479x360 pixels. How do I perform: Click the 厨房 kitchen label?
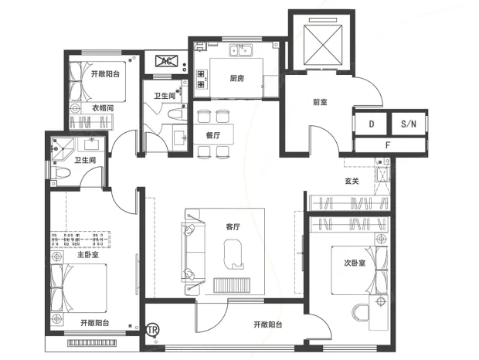click(236, 79)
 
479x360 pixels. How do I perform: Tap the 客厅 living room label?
click(233, 227)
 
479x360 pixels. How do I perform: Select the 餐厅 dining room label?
click(213, 135)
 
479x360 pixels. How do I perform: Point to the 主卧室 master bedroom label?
click(88, 254)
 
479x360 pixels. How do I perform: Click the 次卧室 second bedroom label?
click(355, 263)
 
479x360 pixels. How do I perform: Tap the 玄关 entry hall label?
click(352, 181)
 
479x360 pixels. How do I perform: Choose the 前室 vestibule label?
click(320, 102)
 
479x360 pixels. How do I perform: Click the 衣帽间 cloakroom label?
click(103, 108)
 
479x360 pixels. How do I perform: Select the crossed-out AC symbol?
click(166, 61)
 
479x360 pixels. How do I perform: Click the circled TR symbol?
click(153, 330)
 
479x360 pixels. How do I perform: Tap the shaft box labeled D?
click(371, 124)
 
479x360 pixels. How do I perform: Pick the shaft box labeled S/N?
click(409, 124)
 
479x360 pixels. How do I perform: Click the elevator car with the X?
click(323, 45)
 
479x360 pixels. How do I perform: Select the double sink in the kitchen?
click(241, 50)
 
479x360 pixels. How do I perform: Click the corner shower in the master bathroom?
click(63, 148)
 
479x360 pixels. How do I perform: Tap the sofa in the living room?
click(193, 251)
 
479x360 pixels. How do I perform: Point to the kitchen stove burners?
click(202, 79)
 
